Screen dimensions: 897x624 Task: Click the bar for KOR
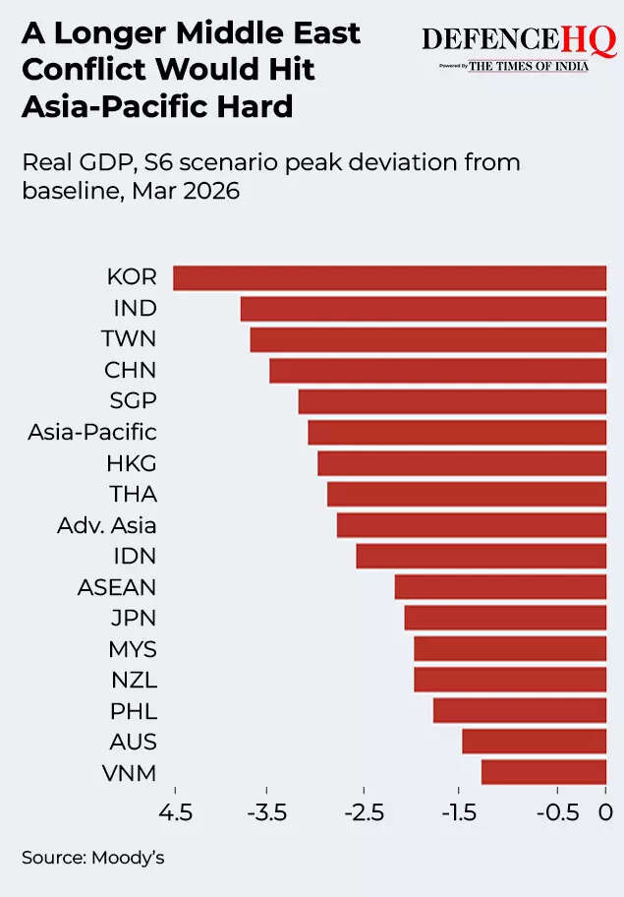(x=389, y=278)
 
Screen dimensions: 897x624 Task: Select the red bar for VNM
(x=543, y=772)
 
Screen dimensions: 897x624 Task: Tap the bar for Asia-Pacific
(x=457, y=433)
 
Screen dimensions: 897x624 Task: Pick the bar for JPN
(x=505, y=618)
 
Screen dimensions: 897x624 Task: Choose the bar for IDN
(x=481, y=556)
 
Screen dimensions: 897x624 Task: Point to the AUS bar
(x=534, y=742)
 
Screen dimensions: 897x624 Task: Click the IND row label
(x=136, y=309)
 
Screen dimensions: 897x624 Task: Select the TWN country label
(x=129, y=339)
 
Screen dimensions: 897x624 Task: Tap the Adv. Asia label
(x=107, y=525)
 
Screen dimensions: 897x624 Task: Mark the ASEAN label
(x=117, y=587)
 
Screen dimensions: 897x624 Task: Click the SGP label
(x=132, y=401)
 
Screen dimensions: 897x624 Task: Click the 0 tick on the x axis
(x=605, y=812)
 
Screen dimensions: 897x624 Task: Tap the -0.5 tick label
(x=555, y=812)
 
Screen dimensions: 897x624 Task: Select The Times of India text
(x=529, y=66)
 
